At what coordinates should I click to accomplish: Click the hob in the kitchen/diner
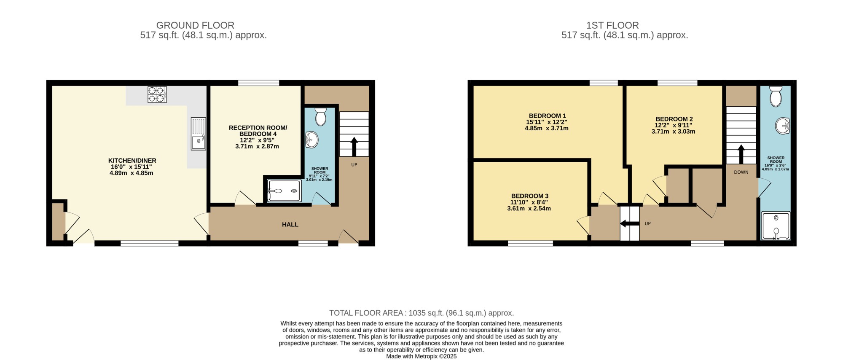pos(157,94)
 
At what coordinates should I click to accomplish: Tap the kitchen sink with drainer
pos(199,134)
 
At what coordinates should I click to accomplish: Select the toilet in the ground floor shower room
pos(321,117)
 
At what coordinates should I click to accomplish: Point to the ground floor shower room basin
pos(311,140)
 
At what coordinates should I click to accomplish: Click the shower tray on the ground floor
pos(285,191)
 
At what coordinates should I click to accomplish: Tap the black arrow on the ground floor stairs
pos(354,147)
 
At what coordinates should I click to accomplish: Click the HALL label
pos(290,225)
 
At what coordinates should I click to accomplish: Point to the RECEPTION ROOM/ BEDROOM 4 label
pos(258,131)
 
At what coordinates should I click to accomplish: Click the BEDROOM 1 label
pos(548,116)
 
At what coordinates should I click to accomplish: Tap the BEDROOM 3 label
pos(530,196)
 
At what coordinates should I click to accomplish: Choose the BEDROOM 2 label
pos(674,119)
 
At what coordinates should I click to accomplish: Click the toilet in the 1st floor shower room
pos(776,96)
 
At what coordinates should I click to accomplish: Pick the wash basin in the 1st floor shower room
pos(783,126)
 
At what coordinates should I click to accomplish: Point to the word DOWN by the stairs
pos(741,172)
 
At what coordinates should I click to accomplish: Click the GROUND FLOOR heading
pos(195,25)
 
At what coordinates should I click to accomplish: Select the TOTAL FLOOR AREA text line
pos(421,313)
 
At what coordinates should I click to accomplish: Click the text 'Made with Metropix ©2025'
pos(421,356)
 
